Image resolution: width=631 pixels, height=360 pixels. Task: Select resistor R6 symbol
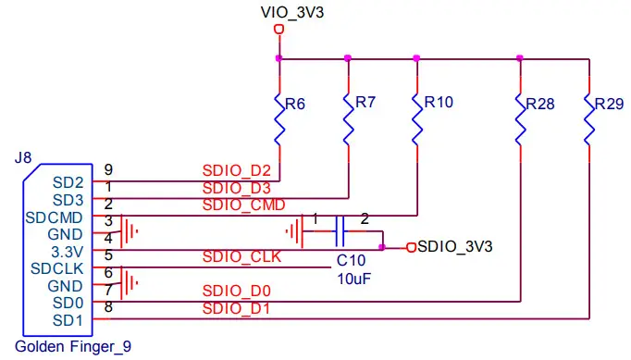click(x=279, y=118)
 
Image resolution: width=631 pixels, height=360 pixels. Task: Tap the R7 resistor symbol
click(x=348, y=118)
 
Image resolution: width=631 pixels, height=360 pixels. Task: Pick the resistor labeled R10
click(x=417, y=118)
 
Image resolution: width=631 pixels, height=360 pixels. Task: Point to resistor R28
click(x=519, y=118)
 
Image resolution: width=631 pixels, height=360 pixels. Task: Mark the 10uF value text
click(x=353, y=278)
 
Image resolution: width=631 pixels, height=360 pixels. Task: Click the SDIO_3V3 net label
click(x=454, y=247)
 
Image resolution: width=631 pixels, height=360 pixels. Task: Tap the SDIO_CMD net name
click(x=242, y=205)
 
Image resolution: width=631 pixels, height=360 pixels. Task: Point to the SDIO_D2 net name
click(x=236, y=171)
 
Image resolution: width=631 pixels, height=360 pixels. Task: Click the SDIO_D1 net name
click(x=236, y=308)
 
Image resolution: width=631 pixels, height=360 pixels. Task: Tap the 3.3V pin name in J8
click(x=68, y=251)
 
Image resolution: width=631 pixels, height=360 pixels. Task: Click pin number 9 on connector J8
click(x=108, y=169)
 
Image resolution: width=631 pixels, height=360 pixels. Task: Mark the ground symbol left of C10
click(x=295, y=229)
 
